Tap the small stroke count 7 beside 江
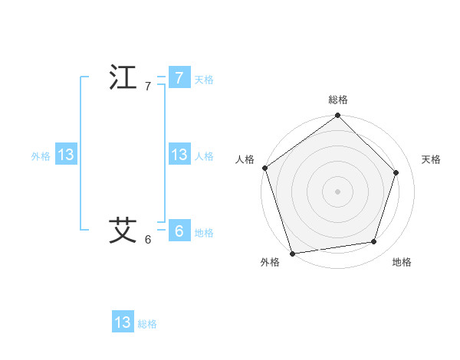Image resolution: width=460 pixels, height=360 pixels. (x=148, y=87)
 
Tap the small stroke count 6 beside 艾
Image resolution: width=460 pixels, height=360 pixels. (x=148, y=239)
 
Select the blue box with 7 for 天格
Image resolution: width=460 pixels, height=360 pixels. (x=179, y=78)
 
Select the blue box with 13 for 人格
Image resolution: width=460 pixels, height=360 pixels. (x=179, y=155)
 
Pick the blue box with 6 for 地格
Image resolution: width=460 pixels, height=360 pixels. (x=179, y=231)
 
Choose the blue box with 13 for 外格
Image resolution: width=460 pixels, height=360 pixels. (x=66, y=155)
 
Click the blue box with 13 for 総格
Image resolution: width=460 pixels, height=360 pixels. (x=123, y=322)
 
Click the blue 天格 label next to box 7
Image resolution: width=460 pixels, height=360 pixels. (x=204, y=80)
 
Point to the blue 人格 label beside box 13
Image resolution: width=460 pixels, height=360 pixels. (x=204, y=156)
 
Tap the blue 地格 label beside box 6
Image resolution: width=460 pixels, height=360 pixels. (x=204, y=233)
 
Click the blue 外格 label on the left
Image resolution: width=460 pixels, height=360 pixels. (x=41, y=156)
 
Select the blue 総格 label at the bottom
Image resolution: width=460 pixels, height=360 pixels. (x=147, y=324)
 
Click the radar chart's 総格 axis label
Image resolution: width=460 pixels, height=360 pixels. (x=338, y=100)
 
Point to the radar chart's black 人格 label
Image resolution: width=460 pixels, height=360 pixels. (x=245, y=159)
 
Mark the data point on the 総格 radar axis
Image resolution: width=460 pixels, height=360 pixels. (x=338, y=116)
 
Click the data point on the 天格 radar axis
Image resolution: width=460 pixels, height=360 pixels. (x=396, y=172)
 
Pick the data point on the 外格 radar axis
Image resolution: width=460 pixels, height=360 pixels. (x=293, y=253)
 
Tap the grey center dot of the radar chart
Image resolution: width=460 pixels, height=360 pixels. (x=338, y=191)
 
